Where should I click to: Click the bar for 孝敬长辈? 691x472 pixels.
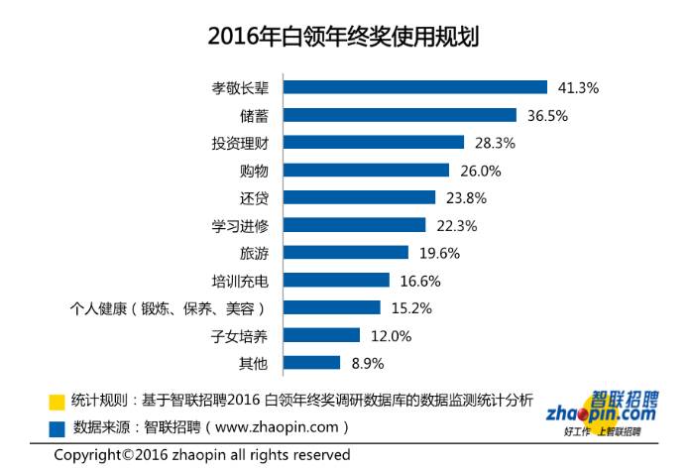coord(415,87)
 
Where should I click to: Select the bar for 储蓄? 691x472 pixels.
coord(400,115)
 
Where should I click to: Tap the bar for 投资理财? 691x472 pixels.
coord(374,143)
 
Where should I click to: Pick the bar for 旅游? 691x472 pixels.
coord(346,253)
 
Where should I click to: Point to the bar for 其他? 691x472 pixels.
coord(312,363)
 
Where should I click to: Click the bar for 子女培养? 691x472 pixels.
coord(322,335)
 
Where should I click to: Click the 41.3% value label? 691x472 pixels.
coord(579,87)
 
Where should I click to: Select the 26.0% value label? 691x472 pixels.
coord(481,171)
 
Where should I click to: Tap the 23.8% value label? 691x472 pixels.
coord(466,197)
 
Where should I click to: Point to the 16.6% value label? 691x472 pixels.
coord(420,281)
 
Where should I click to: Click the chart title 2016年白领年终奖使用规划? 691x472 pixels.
coord(344,37)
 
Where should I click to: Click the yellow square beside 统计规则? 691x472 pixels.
coord(58,402)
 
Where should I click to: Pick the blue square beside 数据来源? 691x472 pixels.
coord(58,428)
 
